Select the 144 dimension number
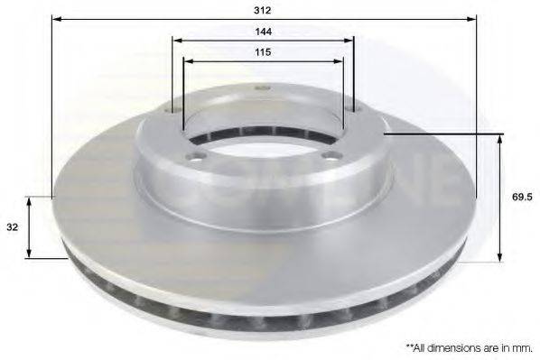point(264,31)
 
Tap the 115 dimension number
point(264,52)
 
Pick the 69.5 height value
point(519,195)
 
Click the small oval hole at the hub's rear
point(264,88)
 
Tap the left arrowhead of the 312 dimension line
point(55,18)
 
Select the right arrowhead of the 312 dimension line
point(472,18)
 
